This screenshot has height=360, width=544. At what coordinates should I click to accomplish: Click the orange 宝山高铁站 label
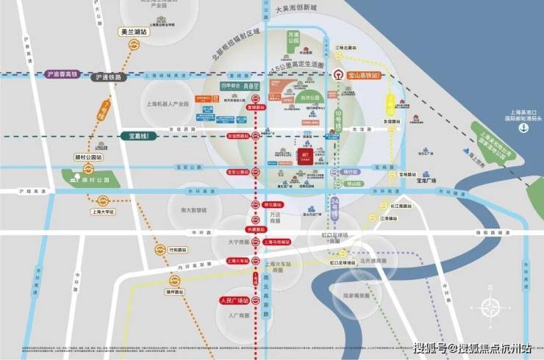(x=365, y=75)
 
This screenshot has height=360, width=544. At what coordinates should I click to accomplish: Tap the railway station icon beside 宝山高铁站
(x=339, y=74)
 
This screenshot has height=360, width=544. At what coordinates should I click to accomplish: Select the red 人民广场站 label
(x=235, y=301)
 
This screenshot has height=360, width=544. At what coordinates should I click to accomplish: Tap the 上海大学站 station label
(x=102, y=212)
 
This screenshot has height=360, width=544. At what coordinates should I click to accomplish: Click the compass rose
(x=490, y=309)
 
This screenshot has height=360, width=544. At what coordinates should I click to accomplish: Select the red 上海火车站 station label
(x=237, y=261)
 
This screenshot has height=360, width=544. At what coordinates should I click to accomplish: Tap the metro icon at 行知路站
(x=160, y=251)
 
